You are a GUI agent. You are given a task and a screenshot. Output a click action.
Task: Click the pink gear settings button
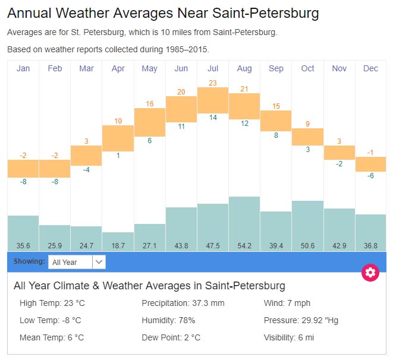(370, 273)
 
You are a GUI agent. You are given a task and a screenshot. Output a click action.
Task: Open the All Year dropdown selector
(77, 262)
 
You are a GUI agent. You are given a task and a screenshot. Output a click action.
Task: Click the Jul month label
(213, 69)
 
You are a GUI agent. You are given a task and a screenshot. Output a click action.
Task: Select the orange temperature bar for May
(150, 122)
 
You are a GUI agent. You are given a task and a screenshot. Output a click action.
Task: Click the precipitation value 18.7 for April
(118, 245)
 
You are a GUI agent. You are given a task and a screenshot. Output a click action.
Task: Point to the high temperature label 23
(213, 83)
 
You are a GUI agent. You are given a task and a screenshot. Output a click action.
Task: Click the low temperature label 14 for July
(213, 118)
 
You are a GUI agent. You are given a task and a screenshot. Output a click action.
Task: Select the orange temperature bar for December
(371, 164)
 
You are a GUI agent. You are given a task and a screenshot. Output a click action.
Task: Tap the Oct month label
(307, 69)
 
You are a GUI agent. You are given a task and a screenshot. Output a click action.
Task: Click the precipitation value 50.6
(307, 245)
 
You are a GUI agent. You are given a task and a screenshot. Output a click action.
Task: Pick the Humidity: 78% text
(168, 320)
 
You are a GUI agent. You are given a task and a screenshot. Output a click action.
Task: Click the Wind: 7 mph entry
(287, 303)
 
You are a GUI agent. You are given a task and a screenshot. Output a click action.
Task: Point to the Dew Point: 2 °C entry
(171, 337)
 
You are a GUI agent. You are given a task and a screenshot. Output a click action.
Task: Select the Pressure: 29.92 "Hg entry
(301, 320)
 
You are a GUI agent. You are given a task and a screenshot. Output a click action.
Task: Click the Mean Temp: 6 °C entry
(52, 337)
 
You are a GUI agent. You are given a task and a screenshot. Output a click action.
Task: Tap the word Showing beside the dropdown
(29, 261)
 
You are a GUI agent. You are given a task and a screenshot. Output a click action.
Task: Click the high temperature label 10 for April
(118, 121)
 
